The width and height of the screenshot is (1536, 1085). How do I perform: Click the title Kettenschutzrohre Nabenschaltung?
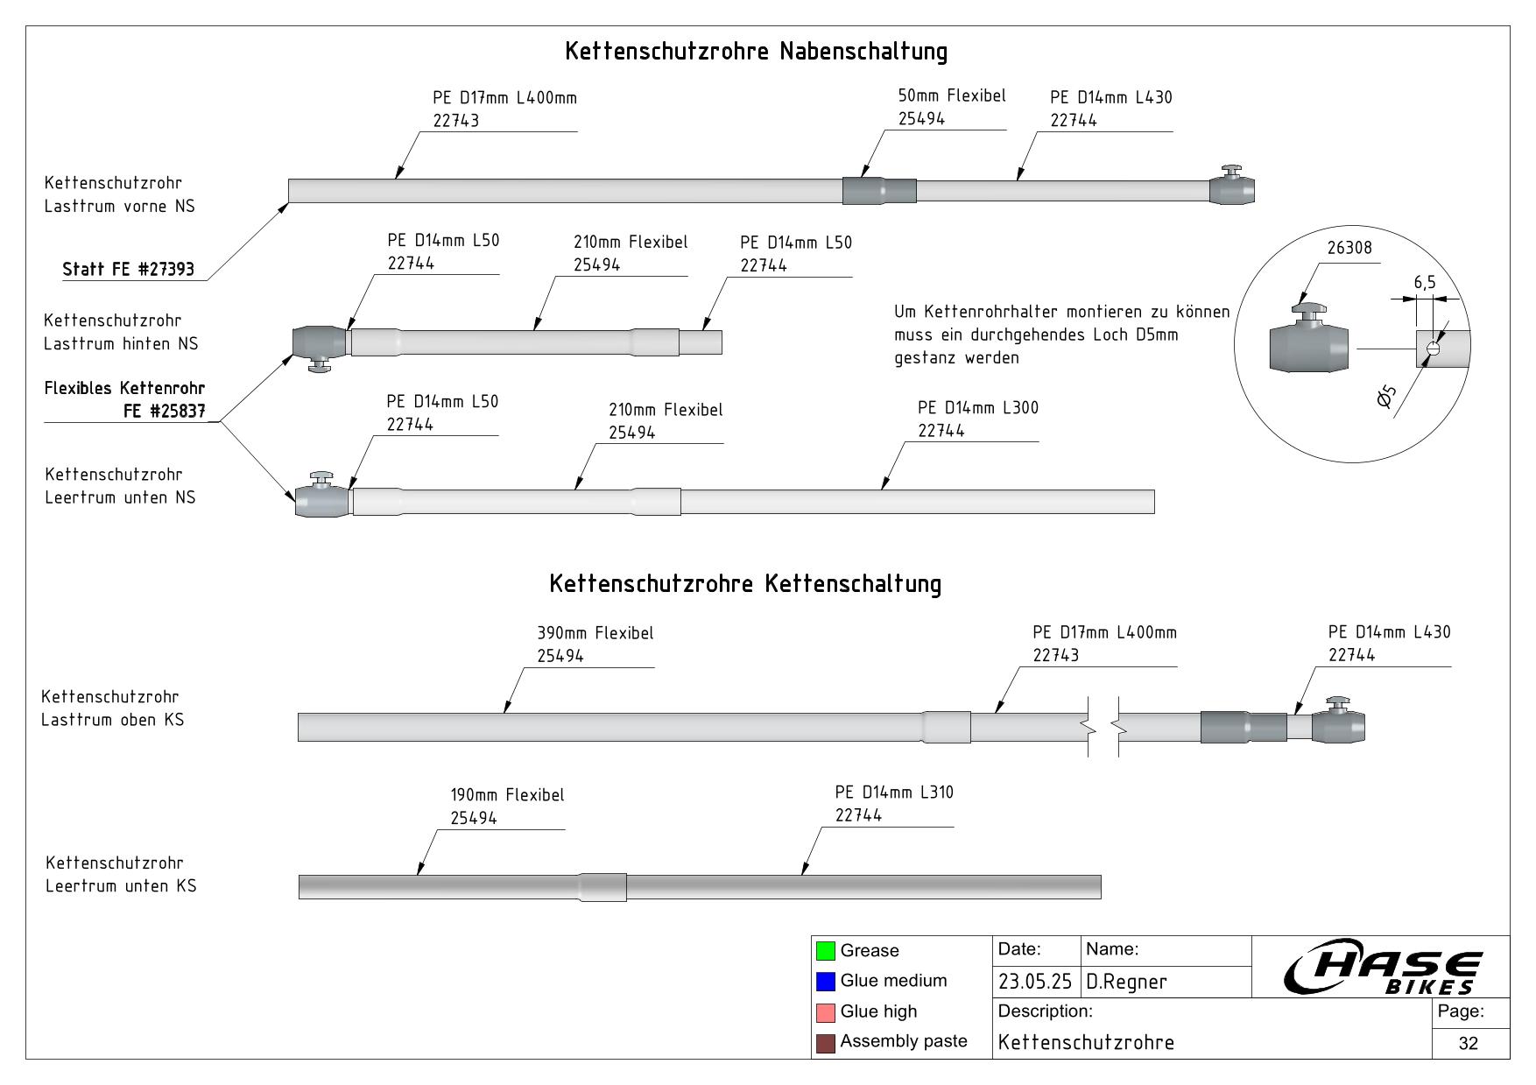point(756,51)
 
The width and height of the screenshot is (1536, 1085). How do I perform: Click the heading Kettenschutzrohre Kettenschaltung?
point(745,584)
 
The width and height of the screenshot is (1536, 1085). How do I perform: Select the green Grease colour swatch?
point(825,950)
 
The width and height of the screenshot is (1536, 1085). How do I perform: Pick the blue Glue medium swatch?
point(825,981)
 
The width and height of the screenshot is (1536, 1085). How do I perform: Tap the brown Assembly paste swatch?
point(825,1042)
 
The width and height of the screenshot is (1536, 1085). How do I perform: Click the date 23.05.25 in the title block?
point(1034,982)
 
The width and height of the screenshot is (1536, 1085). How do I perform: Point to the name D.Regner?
point(1126,982)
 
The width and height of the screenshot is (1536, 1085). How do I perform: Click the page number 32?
point(1469,1043)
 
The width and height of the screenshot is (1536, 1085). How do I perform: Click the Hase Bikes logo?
point(1383,969)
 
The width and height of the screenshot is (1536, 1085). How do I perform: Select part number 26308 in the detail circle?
point(1349,248)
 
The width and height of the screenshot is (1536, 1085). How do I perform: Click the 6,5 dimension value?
point(1425,282)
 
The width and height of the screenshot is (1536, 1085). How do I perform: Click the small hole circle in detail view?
point(1433,349)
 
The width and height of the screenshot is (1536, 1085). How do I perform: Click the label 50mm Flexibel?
point(951,96)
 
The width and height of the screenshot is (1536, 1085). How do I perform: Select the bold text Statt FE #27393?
point(128,269)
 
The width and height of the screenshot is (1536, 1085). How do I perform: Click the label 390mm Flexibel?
point(595,633)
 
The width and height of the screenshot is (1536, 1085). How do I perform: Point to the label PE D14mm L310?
point(893,793)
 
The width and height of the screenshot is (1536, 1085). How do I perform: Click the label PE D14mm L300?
point(977,408)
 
